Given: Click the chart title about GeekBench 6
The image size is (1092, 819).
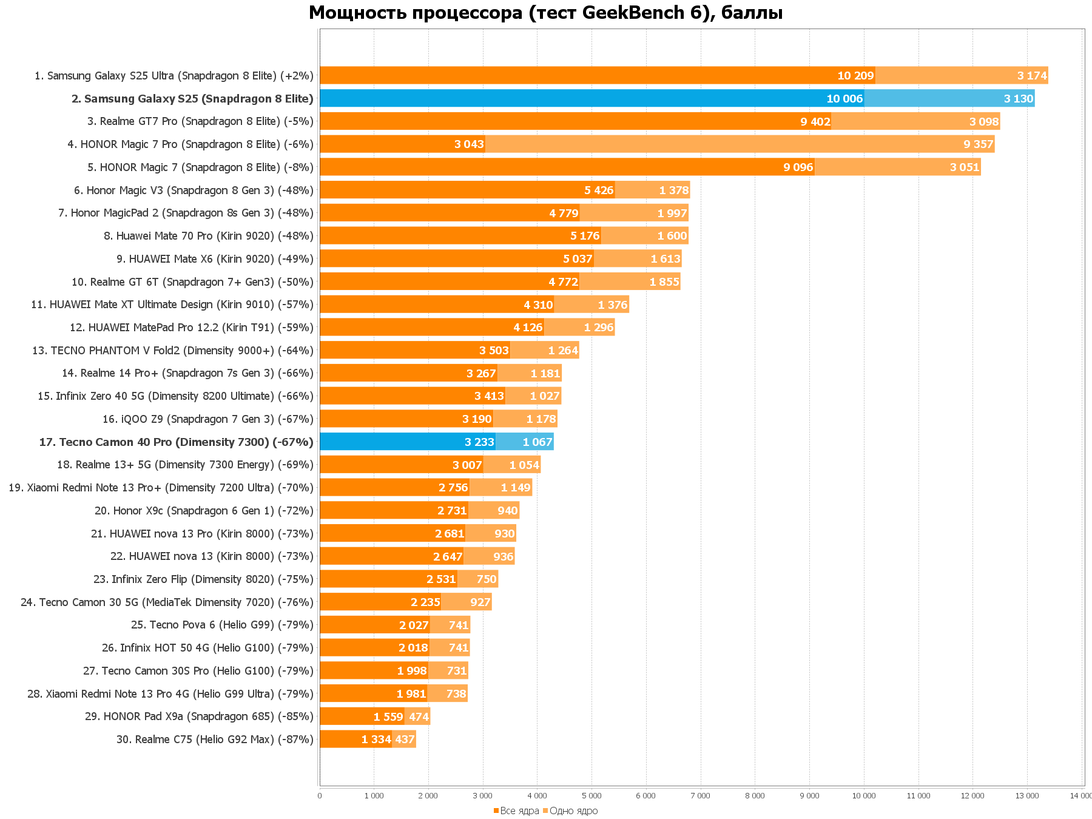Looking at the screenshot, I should click(x=545, y=13).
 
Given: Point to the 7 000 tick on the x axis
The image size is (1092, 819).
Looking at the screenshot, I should click(x=700, y=796).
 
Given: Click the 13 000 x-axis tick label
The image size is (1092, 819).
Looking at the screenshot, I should click(x=1026, y=796).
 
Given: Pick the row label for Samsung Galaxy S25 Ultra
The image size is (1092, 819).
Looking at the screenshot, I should click(x=174, y=76).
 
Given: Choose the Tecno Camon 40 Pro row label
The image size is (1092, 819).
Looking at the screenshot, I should click(x=176, y=442).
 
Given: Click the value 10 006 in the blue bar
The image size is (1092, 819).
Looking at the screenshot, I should click(x=844, y=99).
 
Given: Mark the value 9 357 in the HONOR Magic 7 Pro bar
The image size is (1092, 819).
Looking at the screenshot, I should click(x=978, y=144).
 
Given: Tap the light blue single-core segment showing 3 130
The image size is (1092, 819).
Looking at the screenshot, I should click(x=949, y=98).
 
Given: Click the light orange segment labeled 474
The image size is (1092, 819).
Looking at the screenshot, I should click(x=417, y=716).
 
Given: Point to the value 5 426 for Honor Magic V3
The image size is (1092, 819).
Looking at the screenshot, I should click(x=599, y=190).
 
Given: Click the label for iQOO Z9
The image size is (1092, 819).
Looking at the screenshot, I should click(x=208, y=419).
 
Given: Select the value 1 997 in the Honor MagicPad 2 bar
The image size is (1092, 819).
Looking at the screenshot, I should click(x=672, y=214).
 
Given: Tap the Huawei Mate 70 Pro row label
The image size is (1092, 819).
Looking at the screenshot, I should click(x=209, y=236).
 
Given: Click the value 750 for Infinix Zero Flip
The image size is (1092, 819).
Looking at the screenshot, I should click(x=487, y=579).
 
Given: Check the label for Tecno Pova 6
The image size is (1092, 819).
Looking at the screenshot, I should click(x=222, y=625).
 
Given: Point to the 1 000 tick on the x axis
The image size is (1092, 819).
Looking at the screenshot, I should click(x=374, y=796).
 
